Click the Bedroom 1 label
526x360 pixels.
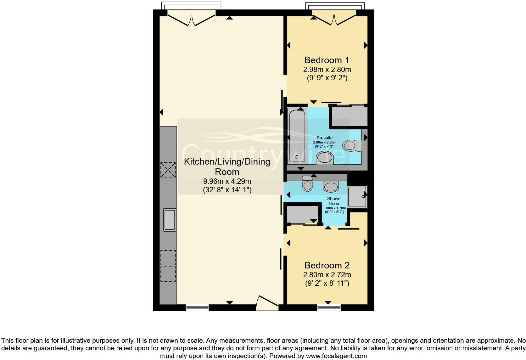point(327,60)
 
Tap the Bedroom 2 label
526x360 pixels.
point(327,265)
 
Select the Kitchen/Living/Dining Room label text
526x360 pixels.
point(227,166)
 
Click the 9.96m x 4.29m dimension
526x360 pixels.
point(227,181)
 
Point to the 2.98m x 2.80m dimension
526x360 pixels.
point(327,69)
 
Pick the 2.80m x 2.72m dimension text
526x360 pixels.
point(327,275)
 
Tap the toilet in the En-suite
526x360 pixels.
point(352,145)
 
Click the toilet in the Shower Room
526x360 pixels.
point(307,184)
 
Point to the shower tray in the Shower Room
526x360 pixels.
point(357,197)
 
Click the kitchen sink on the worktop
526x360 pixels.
point(170,220)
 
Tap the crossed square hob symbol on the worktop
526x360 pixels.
point(168,170)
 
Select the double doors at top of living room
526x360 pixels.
point(192,18)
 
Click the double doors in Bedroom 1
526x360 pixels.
point(334,18)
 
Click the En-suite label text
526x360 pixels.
point(324,138)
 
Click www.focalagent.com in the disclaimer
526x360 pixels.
point(336,356)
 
